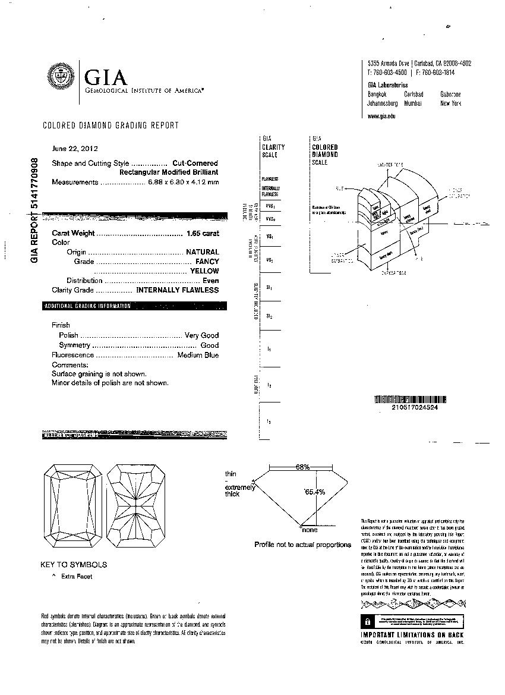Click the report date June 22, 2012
(75, 149)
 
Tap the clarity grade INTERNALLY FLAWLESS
(178, 290)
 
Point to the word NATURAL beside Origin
(203, 252)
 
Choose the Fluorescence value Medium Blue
(198, 355)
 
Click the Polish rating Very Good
(201, 335)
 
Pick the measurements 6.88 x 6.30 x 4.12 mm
(183, 182)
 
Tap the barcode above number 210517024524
(411, 400)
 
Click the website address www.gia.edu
(381, 116)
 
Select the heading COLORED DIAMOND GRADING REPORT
(111, 125)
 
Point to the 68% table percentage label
(303, 467)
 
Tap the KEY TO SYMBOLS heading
(74, 564)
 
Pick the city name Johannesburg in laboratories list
(383, 103)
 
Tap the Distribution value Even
(210, 281)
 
